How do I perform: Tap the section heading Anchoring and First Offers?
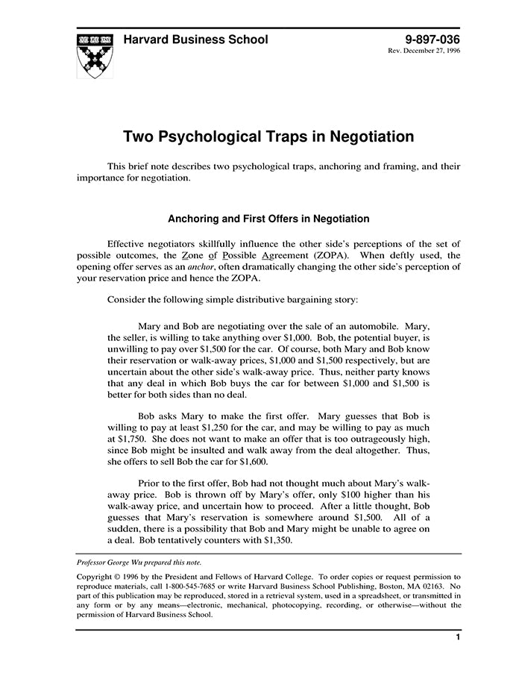point(268,219)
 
